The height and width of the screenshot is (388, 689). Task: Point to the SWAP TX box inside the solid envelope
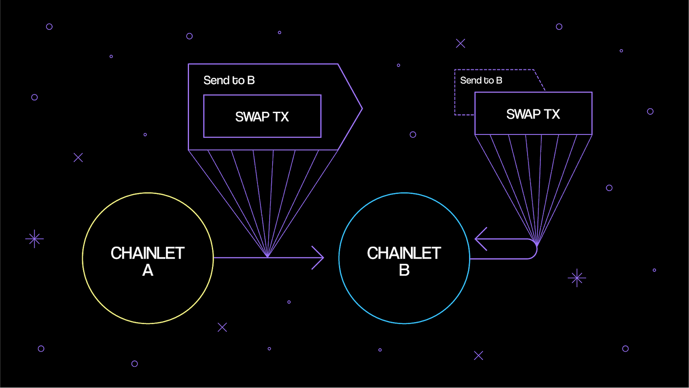[x=262, y=117]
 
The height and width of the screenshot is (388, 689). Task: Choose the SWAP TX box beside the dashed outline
[x=533, y=114]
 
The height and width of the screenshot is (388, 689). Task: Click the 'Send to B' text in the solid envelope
[x=229, y=80]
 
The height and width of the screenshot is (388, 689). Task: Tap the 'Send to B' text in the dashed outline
[x=481, y=80]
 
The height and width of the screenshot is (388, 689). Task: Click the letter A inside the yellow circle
[x=148, y=270]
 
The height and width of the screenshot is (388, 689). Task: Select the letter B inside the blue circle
[x=404, y=270]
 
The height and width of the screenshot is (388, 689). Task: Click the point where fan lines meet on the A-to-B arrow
[x=267, y=257]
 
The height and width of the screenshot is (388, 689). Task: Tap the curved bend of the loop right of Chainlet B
[x=535, y=249]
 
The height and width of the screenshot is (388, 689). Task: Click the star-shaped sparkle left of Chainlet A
[x=34, y=239]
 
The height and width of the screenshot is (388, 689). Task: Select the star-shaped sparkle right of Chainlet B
[x=576, y=278]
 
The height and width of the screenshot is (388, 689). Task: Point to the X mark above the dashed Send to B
[x=461, y=43]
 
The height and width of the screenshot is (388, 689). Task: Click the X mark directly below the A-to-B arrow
[x=222, y=327]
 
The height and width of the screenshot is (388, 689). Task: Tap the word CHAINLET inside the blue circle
[x=404, y=253]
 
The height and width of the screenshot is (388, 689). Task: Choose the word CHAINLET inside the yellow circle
[x=148, y=253]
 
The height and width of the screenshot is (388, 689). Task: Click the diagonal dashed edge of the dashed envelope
[x=539, y=80]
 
